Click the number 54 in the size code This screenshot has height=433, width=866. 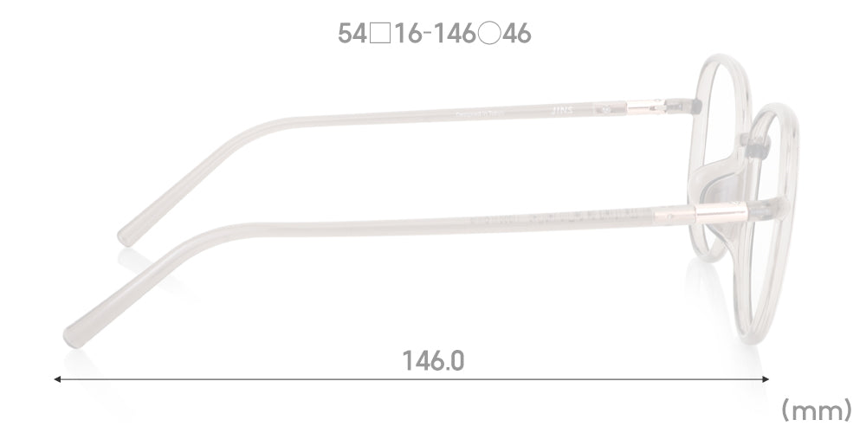pos(352,34)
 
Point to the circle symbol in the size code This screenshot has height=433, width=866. pos(488,34)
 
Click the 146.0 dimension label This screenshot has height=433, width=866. pos(432,359)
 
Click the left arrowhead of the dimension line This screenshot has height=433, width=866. pos(57,379)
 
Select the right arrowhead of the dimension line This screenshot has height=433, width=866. pos(766,379)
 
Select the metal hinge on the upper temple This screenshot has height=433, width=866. pos(645,107)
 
